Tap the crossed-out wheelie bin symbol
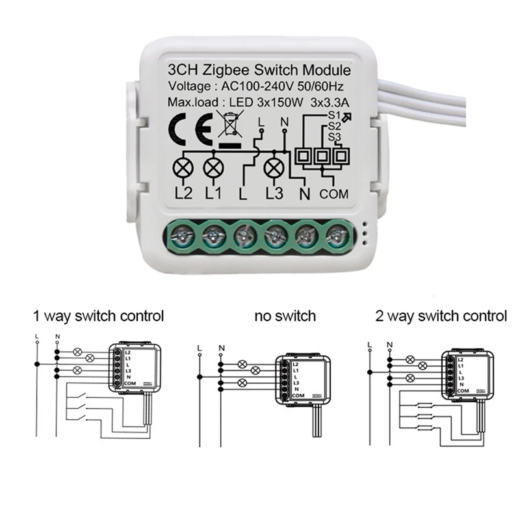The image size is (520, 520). pos(229,125)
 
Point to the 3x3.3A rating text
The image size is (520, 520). pos(330,102)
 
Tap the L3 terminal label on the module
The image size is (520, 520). pos(275,193)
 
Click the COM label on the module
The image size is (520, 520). pos(335,193)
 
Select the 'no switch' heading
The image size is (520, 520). pos(285,317)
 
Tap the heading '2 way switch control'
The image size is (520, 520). pos(441,317)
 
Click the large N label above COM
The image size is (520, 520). pos(304,193)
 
